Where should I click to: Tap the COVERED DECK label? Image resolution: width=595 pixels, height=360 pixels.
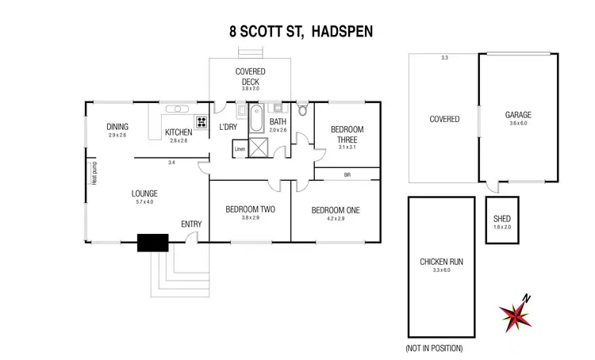click(250, 76)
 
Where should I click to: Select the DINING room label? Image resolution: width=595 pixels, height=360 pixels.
click(117, 126)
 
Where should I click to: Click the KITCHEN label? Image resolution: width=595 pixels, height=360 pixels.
click(178, 132)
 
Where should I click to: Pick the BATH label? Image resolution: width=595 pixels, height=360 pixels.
click(277, 121)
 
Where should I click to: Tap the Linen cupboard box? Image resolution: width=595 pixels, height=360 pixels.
click(240, 149)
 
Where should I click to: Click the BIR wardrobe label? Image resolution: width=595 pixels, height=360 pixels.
click(347, 174)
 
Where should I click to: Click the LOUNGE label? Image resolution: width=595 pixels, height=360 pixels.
click(144, 193)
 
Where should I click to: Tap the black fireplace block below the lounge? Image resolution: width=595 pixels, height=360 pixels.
click(153, 243)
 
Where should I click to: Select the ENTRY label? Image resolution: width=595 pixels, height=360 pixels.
click(191, 224)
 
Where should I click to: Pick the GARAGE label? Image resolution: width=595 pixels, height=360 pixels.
click(518, 115)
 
